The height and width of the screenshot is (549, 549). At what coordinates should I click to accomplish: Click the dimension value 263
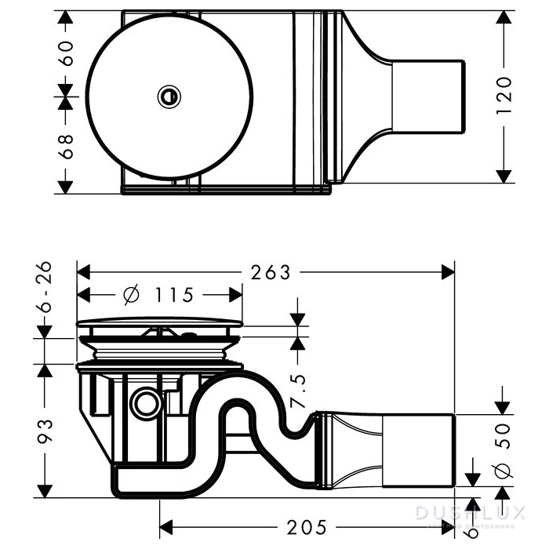click(x=270, y=272)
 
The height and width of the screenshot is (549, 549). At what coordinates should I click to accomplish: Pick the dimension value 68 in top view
click(x=67, y=145)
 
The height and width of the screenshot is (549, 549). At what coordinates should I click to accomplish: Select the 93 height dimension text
click(x=47, y=431)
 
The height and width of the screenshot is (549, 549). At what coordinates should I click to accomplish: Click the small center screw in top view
click(x=168, y=96)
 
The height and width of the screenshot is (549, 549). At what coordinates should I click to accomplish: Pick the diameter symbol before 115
click(x=131, y=296)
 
